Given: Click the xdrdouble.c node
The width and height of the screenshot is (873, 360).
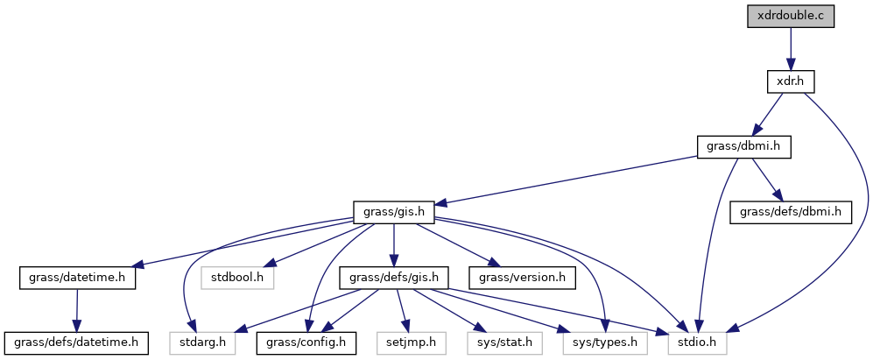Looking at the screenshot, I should coord(790,17).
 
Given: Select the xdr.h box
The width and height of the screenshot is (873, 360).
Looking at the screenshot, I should coord(790,81).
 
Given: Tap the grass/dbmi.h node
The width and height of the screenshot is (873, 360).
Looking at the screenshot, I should coord(743,147).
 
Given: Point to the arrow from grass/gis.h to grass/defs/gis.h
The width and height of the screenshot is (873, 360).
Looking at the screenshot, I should coord(394,245).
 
